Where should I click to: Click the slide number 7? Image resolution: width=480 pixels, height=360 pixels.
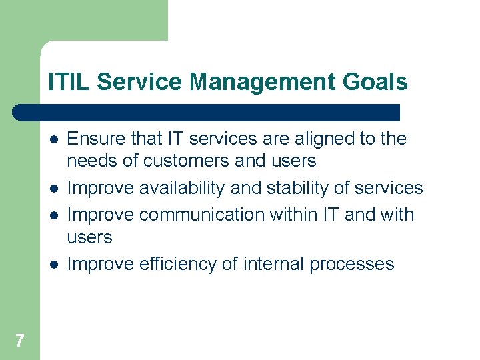click(x=19, y=341)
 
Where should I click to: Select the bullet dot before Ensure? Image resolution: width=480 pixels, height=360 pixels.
click(x=53, y=139)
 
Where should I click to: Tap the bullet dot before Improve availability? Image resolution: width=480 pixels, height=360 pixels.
click(x=53, y=189)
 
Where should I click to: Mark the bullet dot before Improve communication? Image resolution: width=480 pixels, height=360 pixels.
click(x=53, y=215)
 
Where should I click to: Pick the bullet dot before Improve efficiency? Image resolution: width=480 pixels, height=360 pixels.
click(x=53, y=265)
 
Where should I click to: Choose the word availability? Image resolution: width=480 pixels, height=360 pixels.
click(x=183, y=189)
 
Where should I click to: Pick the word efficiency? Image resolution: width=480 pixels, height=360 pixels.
click(x=178, y=264)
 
